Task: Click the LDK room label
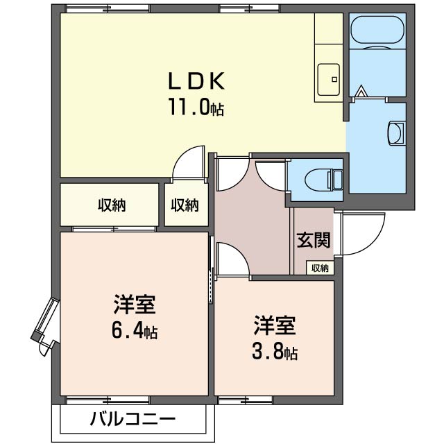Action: point(196,82)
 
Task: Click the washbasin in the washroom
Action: point(396,132)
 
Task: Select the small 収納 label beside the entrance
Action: point(320,268)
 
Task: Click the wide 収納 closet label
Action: point(110,205)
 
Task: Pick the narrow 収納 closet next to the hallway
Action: point(185,205)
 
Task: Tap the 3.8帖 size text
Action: point(275,352)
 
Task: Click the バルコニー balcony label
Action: point(133,419)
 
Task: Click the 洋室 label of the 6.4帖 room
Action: point(135,305)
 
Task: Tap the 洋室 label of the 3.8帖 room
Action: point(275,325)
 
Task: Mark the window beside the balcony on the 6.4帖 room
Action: point(108,400)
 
